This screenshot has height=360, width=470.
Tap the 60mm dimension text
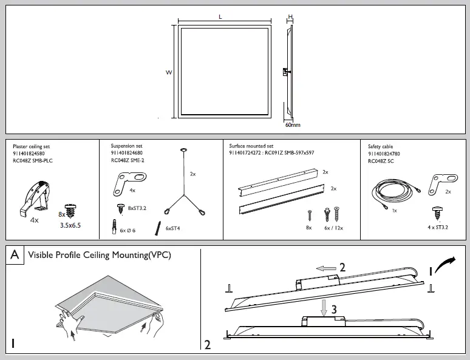[x=293, y=125]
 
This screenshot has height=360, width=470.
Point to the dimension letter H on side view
[x=290, y=17]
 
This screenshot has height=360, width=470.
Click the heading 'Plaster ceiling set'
[x=31, y=147]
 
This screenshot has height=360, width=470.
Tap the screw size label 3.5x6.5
[x=70, y=225]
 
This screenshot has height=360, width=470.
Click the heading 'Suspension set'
[x=126, y=146]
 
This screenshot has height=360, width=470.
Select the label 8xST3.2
[x=137, y=208]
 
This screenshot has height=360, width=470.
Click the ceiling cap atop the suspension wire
[x=183, y=150]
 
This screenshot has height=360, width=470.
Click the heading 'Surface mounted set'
[x=251, y=146]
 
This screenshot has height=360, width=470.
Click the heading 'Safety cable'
[x=380, y=147]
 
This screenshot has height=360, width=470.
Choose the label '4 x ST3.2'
[x=437, y=227]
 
